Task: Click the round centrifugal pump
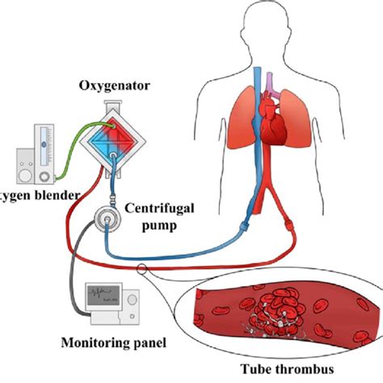click(x=105, y=219)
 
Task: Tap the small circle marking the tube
click(x=141, y=270)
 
